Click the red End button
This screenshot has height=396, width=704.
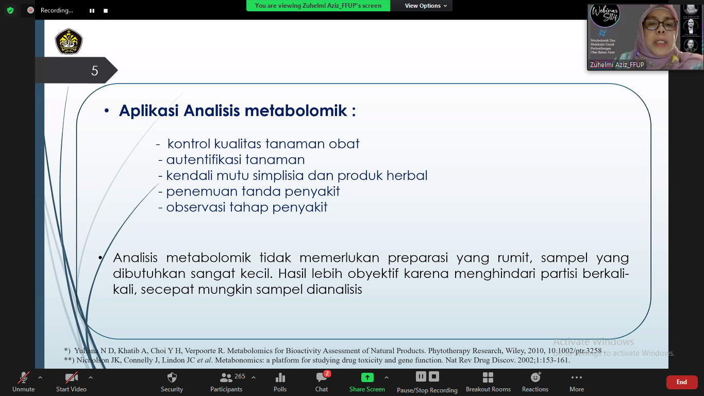[x=681, y=382]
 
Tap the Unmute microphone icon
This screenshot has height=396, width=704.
[x=24, y=378]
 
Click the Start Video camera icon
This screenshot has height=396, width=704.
[x=71, y=378]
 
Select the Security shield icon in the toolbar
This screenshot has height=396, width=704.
[x=172, y=378]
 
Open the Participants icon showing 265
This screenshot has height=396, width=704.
[x=226, y=378]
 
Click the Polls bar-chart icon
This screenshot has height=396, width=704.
[x=280, y=378]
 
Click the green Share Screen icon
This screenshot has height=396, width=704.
[x=367, y=377]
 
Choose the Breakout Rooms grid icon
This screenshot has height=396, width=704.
[x=488, y=378]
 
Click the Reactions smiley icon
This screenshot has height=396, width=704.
[x=535, y=378]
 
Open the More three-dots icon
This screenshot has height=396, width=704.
[x=577, y=378]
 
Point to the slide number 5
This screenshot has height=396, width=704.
[x=94, y=71]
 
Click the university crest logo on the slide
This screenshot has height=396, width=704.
[x=69, y=41]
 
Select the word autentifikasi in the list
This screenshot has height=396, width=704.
[x=204, y=160]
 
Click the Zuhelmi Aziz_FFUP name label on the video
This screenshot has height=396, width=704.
[x=617, y=65]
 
